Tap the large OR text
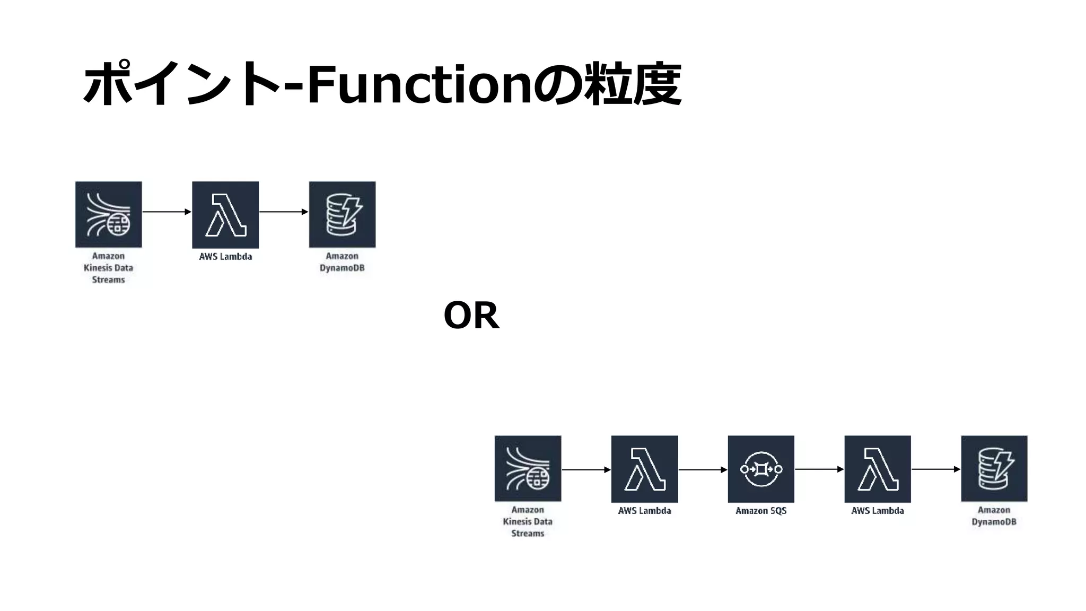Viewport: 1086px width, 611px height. tap(471, 316)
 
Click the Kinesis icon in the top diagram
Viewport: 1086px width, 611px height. tap(109, 214)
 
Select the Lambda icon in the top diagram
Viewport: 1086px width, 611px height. tap(225, 214)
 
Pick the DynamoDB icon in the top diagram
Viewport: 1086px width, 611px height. tap(342, 214)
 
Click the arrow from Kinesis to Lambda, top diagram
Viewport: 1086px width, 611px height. tap(167, 212)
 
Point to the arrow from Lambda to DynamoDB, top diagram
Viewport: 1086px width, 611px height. tap(284, 212)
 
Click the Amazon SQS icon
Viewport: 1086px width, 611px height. tap(761, 469)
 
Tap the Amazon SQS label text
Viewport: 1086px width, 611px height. tap(761, 511)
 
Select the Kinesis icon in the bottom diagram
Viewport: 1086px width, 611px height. tap(528, 469)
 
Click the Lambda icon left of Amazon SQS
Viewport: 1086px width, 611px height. tap(644, 469)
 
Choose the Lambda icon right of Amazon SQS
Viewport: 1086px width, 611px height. tap(878, 469)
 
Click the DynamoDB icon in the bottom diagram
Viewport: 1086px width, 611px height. tap(994, 469)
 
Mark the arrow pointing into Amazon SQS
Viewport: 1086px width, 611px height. tap(703, 469)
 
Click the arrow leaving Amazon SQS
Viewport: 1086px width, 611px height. tap(819, 469)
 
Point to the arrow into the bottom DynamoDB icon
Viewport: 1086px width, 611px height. tap(936, 469)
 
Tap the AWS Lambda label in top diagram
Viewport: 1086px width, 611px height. tap(225, 257)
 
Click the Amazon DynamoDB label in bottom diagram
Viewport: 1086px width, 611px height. tap(994, 516)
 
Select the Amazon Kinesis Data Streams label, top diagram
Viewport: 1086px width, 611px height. tap(108, 268)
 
